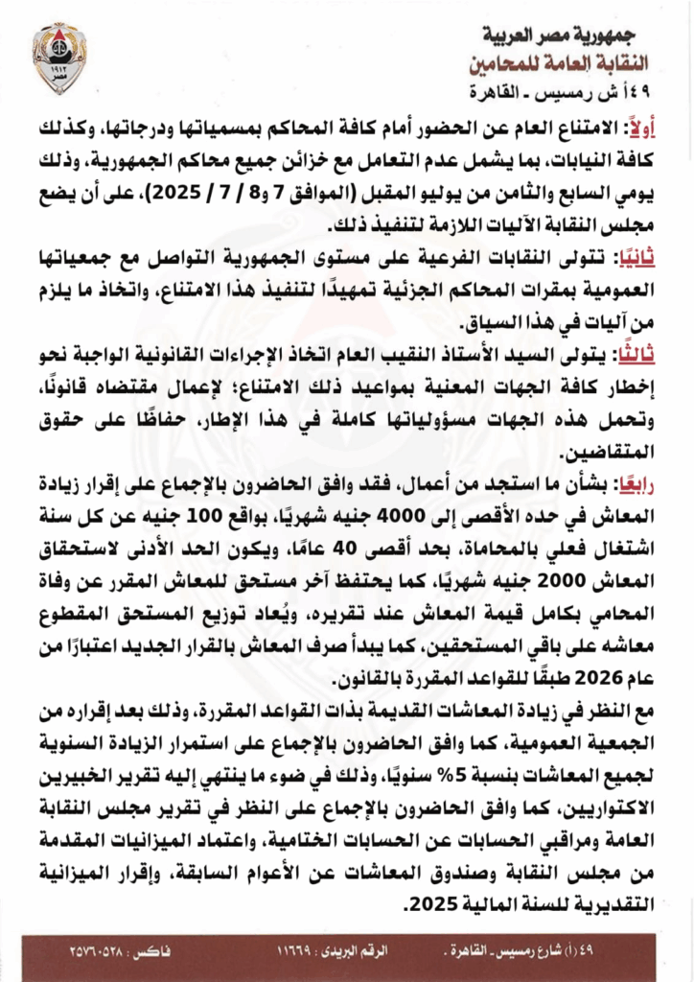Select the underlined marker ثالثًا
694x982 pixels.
click(x=633, y=352)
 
